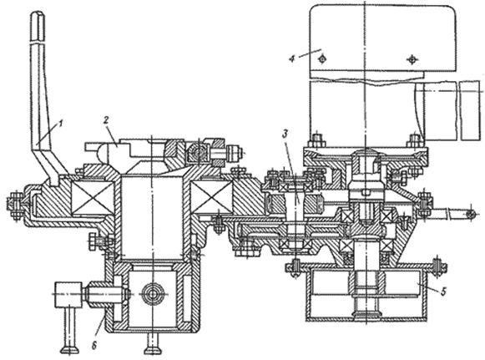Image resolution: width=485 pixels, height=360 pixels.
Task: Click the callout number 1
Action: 60,124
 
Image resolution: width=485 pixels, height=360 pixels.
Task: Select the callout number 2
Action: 106,120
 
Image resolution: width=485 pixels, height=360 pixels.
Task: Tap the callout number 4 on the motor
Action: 292,58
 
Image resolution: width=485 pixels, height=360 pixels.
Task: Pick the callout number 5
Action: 443,292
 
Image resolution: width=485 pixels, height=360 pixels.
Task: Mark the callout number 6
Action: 94,346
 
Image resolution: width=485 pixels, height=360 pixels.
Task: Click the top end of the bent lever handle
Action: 38,13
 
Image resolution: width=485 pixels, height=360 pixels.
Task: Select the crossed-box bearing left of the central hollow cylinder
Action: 93,198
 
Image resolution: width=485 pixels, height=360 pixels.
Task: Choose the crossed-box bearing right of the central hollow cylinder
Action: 211,198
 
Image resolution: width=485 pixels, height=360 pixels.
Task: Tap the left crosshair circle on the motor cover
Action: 322,58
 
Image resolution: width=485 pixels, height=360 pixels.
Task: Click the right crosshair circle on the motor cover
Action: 412,58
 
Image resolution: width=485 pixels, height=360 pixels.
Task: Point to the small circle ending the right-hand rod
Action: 470,214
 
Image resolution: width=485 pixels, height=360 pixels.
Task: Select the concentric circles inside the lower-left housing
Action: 152,292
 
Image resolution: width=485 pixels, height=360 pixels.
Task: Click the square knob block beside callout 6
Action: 68,295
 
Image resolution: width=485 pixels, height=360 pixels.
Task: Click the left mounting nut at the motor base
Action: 316,140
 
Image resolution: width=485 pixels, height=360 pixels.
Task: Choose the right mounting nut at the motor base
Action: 416,140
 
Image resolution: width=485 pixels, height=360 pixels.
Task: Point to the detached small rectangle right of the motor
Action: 470,110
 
